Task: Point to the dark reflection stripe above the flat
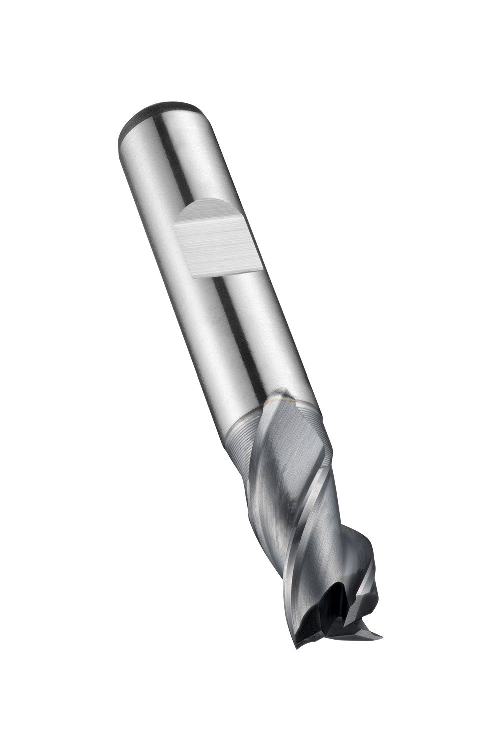[173, 160]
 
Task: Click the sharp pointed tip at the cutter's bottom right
[381, 636]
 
